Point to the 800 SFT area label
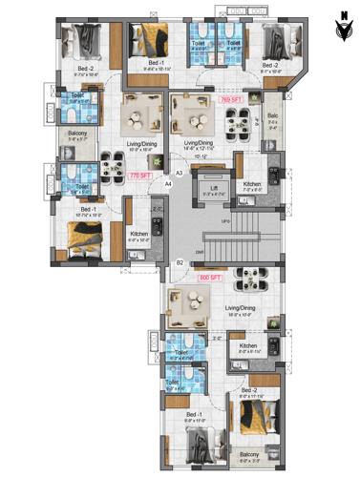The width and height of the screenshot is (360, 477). click(x=209, y=278)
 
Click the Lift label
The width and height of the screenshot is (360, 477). click(x=214, y=188)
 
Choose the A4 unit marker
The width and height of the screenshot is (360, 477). click(x=168, y=182)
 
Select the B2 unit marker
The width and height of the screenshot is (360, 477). click(x=180, y=261)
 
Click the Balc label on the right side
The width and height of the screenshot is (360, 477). click(x=273, y=119)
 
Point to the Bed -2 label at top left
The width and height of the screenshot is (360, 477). click(x=85, y=70)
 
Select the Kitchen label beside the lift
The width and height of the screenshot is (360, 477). click(x=251, y=184)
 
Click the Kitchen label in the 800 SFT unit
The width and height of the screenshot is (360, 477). click(x=248, y=345)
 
